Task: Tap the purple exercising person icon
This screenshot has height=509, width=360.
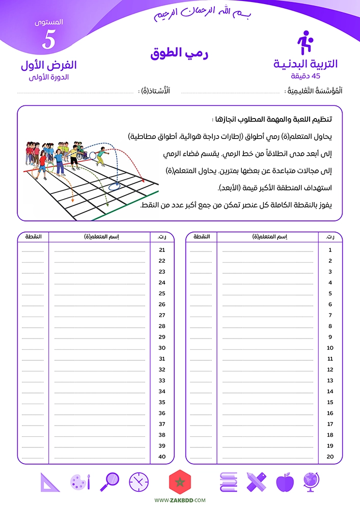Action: (304, 43)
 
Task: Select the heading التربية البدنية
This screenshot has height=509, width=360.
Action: (306, 64)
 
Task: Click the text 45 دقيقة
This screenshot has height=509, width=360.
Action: (306, 76)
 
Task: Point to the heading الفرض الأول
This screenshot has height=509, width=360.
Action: (49, 65)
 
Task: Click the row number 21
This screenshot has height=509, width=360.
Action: (162, 250)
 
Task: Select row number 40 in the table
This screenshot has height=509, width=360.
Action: (162, 457)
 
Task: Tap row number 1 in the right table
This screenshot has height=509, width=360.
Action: (330, 250)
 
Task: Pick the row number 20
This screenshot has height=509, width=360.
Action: (330, 457)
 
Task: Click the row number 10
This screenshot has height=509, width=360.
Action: (330, 348)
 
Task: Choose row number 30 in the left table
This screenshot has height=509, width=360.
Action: (162, 348)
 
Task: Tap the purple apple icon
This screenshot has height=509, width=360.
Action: (285, 482)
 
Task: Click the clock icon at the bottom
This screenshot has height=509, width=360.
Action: (139, 482)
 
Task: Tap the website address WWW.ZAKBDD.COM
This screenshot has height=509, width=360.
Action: (180, 500)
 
